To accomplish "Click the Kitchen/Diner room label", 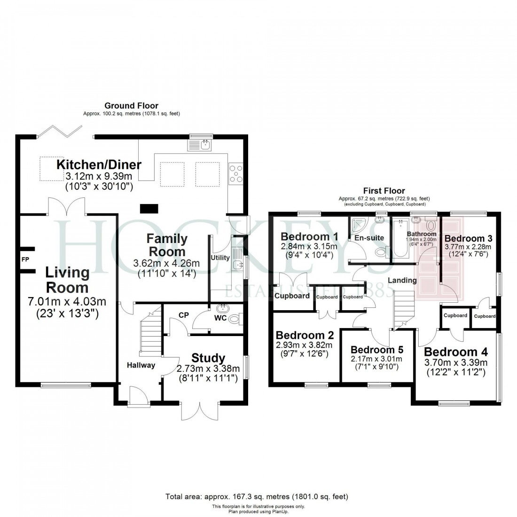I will [x=99, y=165].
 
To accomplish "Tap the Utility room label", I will [x=220, y=258].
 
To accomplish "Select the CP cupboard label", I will [x=183, y=315].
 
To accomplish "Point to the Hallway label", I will [x=141, y=365].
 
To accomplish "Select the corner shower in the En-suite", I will [x=356, y=226].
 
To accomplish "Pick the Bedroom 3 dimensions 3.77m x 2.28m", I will [x=468, y=247].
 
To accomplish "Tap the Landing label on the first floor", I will [x=402, y=280].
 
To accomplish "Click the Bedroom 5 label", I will [x=377, y=350].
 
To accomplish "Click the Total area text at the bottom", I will [x=257, y=496].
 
